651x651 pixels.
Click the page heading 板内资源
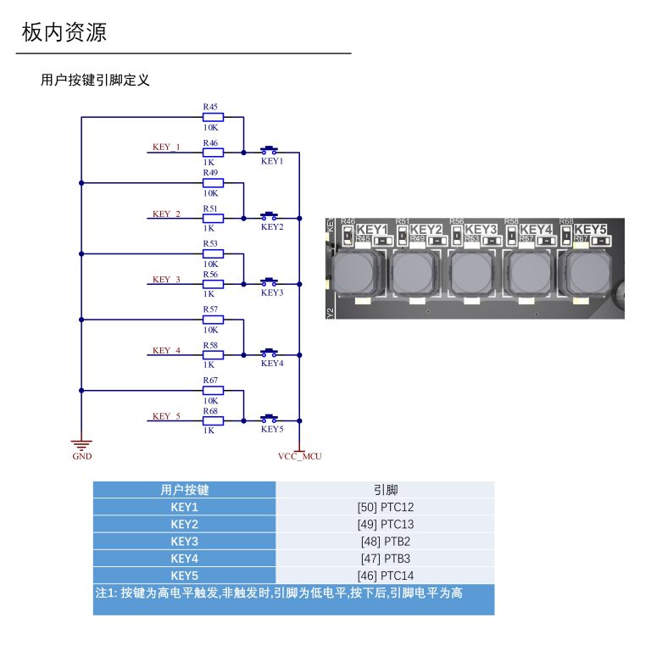coord(64,33)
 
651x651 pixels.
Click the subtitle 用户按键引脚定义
coord(95,81)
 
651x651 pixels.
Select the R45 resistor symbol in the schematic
coord(212,117)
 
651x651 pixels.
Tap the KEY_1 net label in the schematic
coord(166,147)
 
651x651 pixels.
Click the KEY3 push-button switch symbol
coord(270,282)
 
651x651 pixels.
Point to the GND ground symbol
coord(81,445)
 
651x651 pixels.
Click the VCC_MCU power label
coord(299,456)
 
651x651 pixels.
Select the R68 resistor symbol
coord(212,420)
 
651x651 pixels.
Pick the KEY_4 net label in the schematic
coord(166,350)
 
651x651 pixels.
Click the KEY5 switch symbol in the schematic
coord(270,418)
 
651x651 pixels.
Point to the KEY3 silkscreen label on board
coord(481,230)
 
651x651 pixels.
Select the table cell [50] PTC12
coord(385,507)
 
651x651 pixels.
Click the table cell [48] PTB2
coord(385,542)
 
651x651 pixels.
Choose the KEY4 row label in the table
coord(184,559)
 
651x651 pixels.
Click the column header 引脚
coord(385,490)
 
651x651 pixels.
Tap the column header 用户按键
coord(184,490)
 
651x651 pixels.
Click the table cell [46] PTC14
coord(385,576)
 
